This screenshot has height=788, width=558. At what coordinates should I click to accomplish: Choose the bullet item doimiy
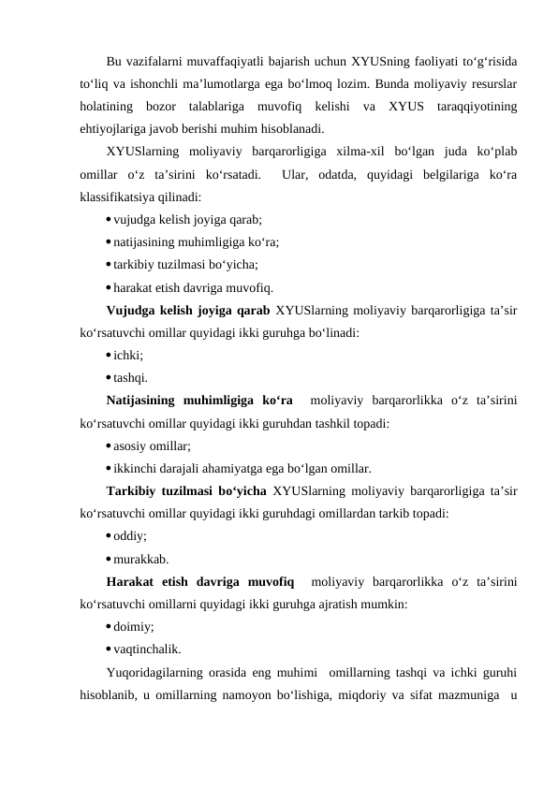134,626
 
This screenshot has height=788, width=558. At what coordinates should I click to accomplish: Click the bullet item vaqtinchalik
147,649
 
